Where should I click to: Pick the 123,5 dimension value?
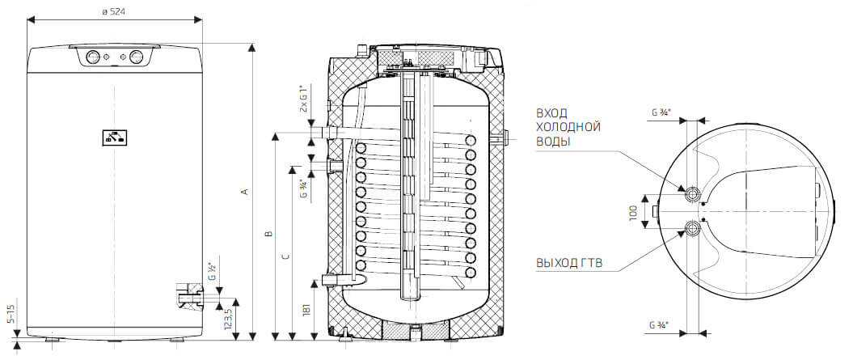229,314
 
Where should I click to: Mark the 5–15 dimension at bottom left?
11,315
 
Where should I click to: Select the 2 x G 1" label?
305,98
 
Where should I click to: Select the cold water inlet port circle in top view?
694,194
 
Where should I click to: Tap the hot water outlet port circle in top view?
694,227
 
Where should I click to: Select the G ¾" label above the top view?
660,113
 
